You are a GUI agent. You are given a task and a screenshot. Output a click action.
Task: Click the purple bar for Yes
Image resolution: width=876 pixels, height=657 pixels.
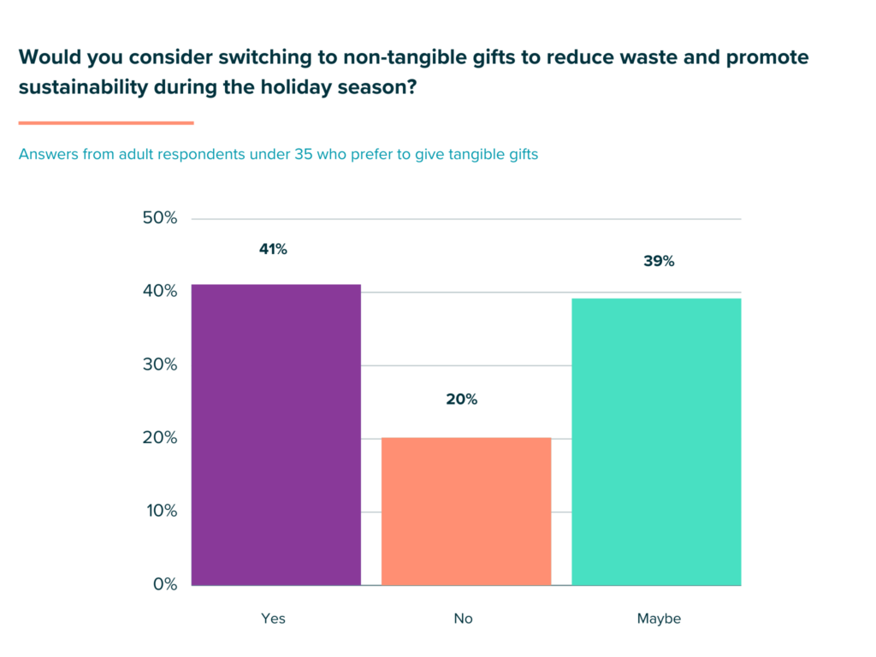[275, 435]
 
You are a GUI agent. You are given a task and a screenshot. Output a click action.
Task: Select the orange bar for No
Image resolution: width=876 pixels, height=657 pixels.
[465, 512]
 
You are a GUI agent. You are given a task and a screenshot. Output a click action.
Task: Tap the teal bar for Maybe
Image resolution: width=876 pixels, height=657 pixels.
[656, 441]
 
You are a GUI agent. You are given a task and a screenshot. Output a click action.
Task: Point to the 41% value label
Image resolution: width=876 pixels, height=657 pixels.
[274, 250]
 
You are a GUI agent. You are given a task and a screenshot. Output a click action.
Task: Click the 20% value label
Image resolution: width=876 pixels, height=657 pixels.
[462, 400]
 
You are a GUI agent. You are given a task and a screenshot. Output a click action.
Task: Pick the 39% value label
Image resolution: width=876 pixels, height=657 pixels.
[659, 262]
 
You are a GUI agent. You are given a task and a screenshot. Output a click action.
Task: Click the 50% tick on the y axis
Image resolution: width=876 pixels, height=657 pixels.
[159, 218]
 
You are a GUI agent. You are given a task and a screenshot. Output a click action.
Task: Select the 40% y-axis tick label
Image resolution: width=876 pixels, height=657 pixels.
[159, 292]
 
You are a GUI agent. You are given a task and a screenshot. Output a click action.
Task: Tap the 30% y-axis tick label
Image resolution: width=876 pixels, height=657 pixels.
[159, 364]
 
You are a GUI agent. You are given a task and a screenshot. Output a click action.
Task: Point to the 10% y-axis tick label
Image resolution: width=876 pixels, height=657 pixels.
[159, 512]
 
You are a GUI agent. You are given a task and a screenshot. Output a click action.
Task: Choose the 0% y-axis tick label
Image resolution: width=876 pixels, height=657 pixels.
[163, 585]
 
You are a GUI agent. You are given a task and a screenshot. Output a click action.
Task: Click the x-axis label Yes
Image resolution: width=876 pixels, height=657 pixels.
[273, 619]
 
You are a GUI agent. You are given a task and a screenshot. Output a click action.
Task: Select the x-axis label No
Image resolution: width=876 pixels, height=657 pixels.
[464, 619]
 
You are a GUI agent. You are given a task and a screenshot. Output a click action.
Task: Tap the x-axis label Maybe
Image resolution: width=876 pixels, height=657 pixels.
[659, 619]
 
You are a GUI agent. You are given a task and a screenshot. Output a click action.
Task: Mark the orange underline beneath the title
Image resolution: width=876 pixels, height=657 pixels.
[106, 123]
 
